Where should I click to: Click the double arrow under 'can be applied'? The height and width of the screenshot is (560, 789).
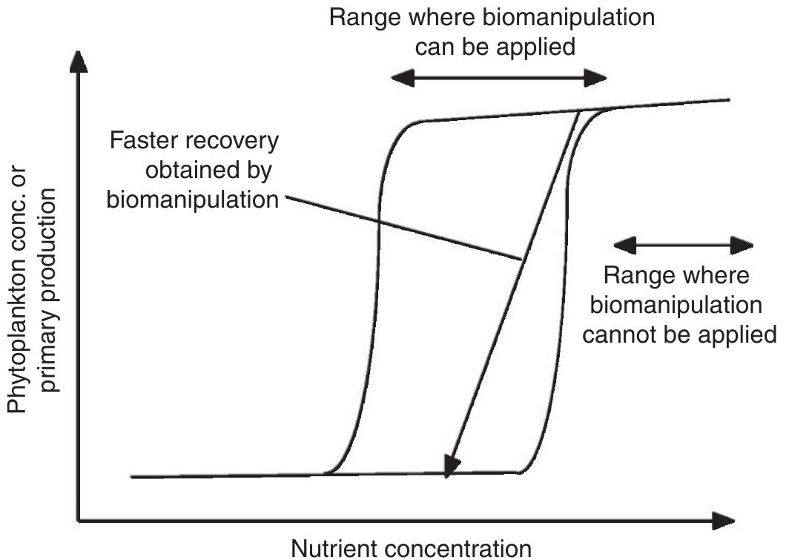coord(498,79)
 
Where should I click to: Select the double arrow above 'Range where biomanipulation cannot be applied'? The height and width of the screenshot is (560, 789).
coord(683,244)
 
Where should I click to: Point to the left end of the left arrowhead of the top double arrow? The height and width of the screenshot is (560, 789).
coord(391,79)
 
